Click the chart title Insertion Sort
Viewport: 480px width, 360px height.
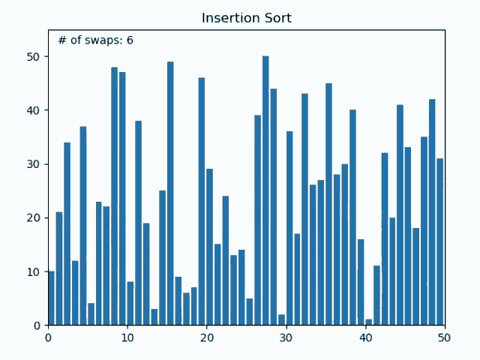247,18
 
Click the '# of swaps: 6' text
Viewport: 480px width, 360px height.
95,40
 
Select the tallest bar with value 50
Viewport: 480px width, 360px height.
265,190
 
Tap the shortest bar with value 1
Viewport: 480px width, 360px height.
369,322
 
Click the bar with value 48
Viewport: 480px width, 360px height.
115,196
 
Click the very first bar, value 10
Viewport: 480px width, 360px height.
51,298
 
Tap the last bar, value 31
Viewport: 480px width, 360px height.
440,241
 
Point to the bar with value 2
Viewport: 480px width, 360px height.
281,320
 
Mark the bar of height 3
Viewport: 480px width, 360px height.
154,317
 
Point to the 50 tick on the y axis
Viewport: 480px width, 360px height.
42,57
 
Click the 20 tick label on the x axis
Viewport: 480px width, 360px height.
207,337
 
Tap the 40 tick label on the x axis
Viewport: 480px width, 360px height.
366,337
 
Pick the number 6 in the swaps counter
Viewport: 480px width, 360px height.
130,40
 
